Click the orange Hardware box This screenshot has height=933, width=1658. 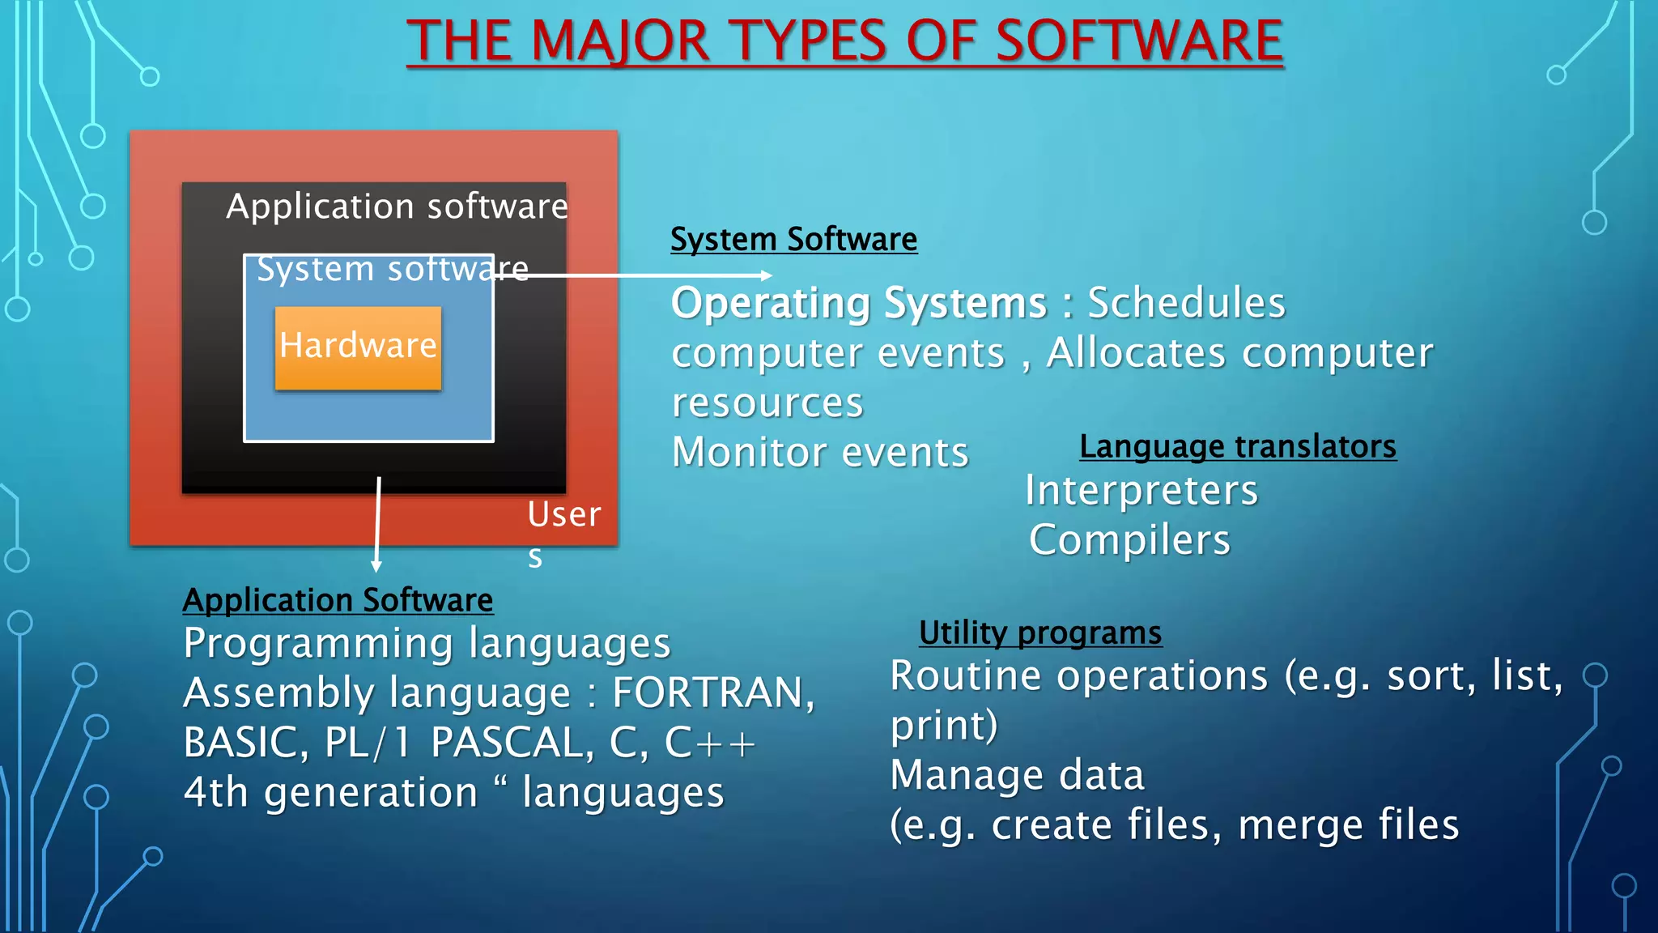click(358, 347)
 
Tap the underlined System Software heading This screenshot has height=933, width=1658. click(793, 240)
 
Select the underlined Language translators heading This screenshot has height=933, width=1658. click(1237, 447)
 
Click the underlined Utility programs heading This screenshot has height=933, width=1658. click(1039, 633)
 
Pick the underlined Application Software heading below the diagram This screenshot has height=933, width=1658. click(338, 601)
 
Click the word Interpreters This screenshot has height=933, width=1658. click(1141, 491)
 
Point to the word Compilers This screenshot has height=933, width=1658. click(1129, 540)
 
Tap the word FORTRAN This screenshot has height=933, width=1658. click(712, 693)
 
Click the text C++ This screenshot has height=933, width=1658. click(710, 743)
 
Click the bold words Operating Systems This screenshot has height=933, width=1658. click(859, 304)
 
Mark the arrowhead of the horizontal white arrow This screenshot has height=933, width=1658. click(767, 275)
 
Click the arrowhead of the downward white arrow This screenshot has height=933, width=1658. click(376, 566)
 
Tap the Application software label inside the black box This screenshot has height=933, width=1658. click(397, 207)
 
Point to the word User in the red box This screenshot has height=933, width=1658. click(564, 515)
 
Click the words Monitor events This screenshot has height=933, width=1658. click(820, 453)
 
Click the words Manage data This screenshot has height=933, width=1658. click(1017, 776)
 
